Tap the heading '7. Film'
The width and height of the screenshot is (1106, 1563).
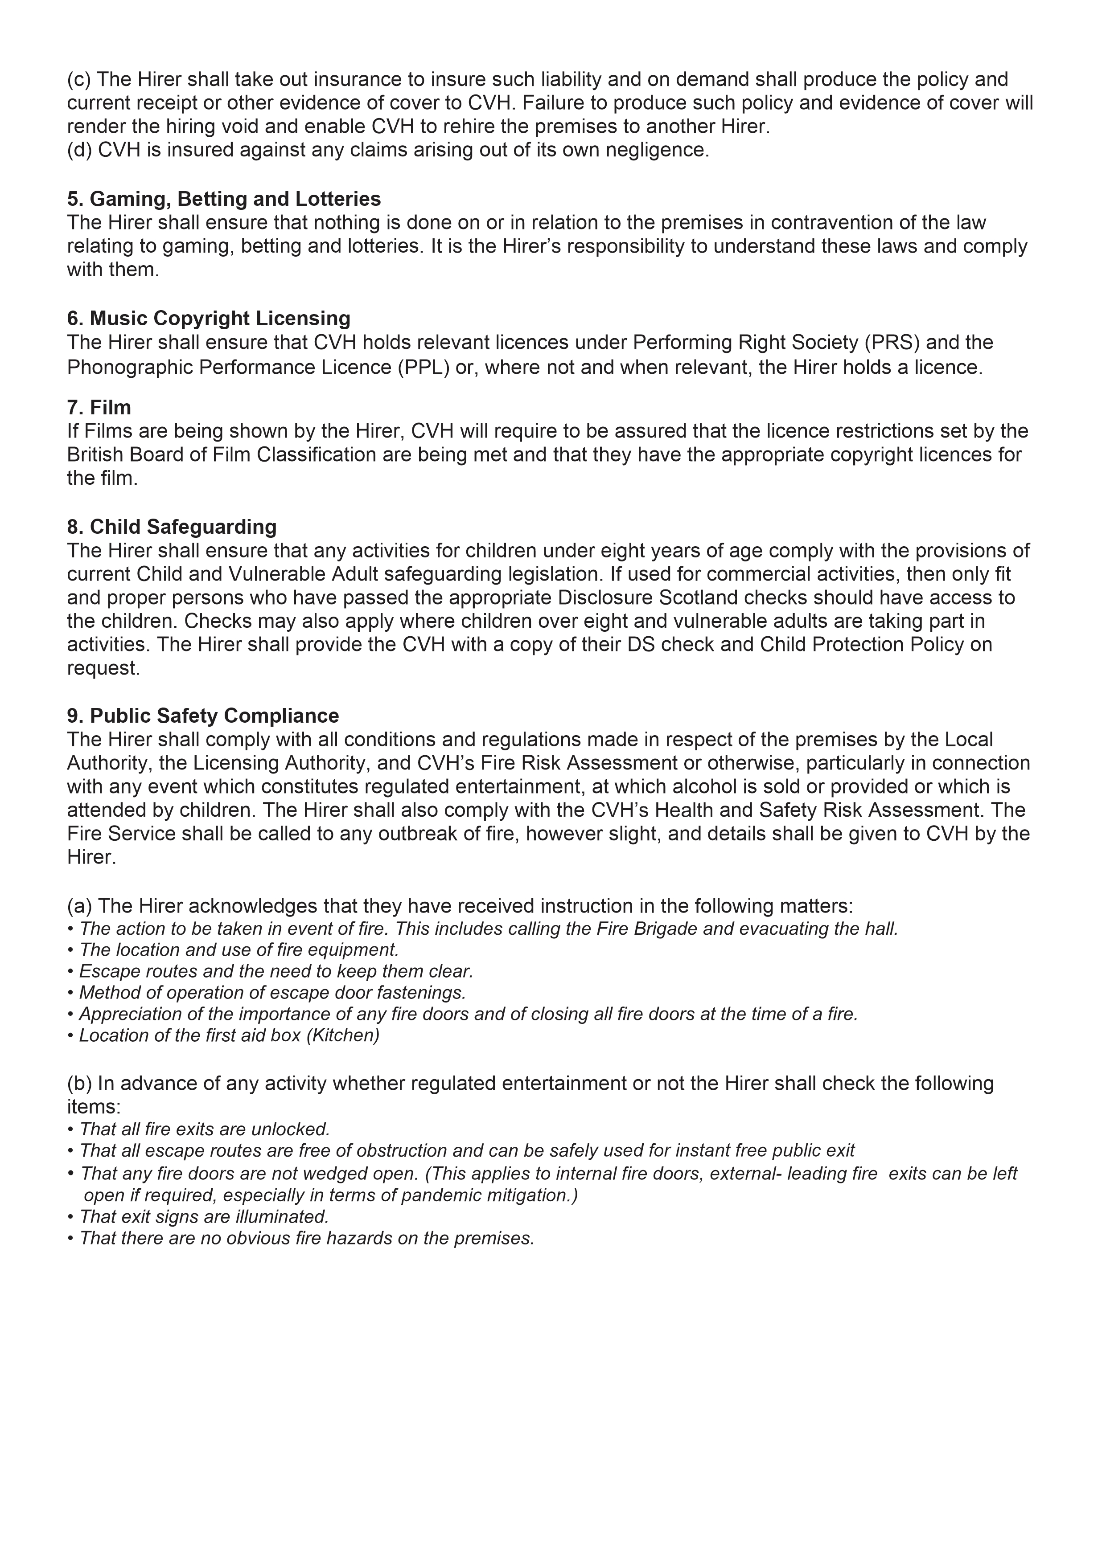pos(99,407)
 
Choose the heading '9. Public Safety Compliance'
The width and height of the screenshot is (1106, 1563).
pos(202,716)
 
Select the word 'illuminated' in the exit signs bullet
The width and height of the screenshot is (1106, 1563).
pos(286,1216)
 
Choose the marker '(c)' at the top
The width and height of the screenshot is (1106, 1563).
pos(79,80)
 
